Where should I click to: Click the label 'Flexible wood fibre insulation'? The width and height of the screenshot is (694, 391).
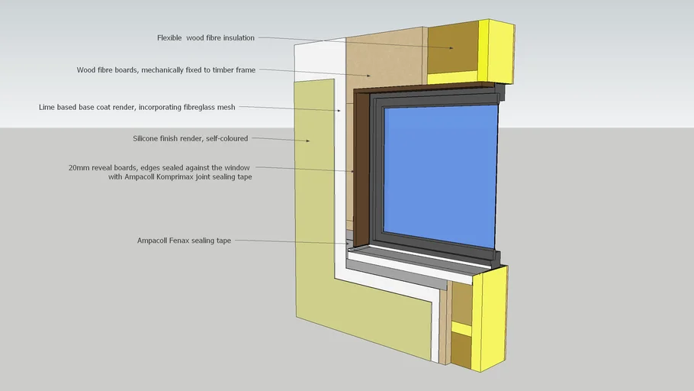pos(206,37)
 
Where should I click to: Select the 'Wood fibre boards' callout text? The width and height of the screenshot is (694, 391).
pos(166,69)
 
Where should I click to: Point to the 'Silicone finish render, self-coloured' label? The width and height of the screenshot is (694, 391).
pos(191,139)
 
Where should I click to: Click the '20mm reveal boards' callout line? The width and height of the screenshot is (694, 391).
pos(305,169)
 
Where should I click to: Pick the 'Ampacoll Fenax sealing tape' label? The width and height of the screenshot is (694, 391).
pos(184,241)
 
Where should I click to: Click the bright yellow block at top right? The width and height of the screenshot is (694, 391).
pos(500,50)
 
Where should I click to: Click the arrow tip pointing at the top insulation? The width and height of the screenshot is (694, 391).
pos(452,48)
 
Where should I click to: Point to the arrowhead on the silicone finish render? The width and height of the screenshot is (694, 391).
pos(309,141)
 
